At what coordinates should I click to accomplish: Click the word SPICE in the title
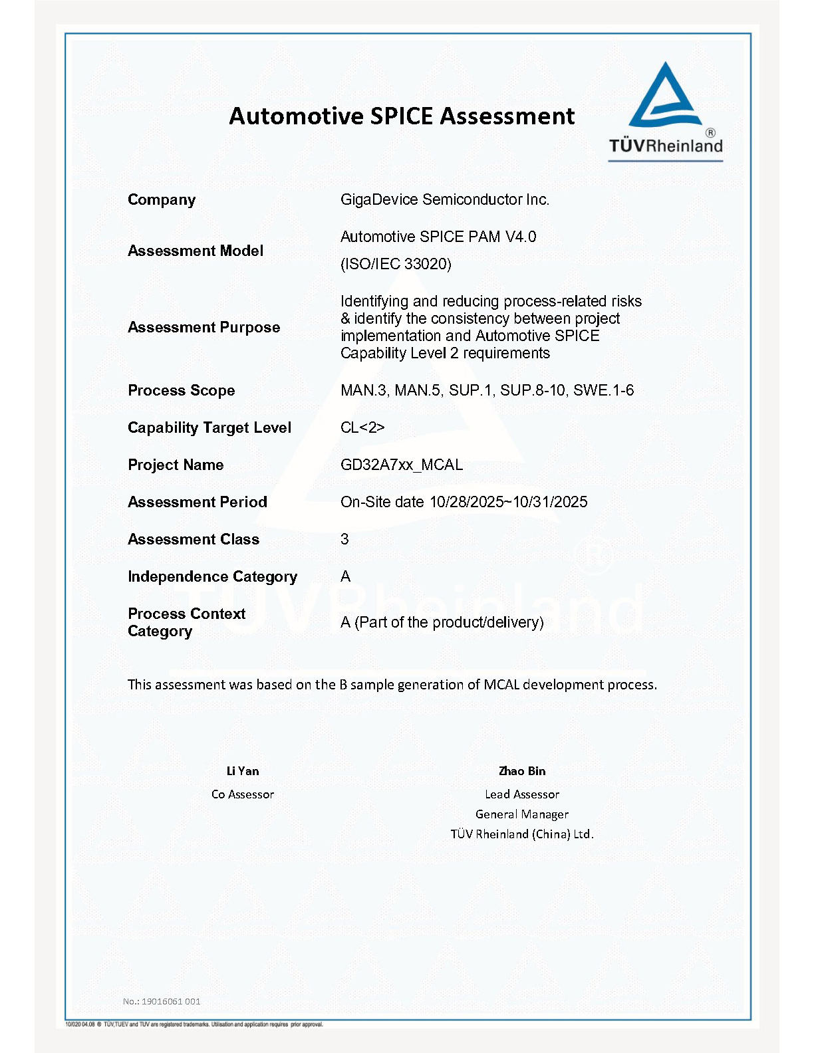tap(402, 116)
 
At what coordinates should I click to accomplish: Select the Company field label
tap(162, 200)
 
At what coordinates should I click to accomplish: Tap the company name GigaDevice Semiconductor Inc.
tap(445, 199)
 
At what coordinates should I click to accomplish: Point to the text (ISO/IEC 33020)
tap(396, 264)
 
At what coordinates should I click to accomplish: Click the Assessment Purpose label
tap(203, 327)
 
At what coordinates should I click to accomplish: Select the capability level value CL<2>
tap(362, 427)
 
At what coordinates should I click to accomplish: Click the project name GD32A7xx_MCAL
tap(402, 465)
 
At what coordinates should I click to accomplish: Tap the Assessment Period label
tap(198, 502)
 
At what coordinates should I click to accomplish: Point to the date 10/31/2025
tap(550, 502)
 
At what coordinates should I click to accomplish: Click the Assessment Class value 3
tap(344, 539)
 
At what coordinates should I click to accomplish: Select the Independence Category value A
tap(345, 576)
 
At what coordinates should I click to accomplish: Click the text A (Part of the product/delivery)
tap(442, 622)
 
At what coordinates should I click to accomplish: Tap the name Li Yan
tap(243, 771)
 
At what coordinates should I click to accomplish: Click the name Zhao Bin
tap(522, 771)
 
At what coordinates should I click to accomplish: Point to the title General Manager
tap(522, 814)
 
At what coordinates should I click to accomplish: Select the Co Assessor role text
tap(243, 794)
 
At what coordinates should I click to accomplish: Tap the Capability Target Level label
tap(209, 427)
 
